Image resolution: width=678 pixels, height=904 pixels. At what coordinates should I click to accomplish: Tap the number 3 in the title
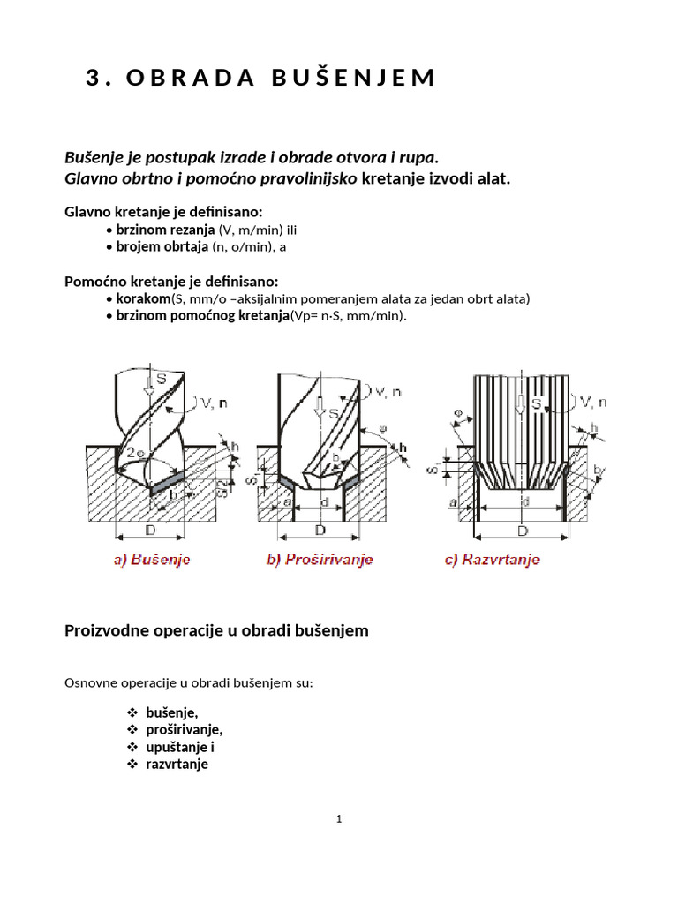94,78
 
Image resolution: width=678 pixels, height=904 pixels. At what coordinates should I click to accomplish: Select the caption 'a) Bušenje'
152,560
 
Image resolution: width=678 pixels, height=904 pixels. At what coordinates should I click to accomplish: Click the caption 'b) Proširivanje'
320,560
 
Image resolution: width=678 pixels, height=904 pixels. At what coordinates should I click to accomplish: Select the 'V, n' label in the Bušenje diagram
212,403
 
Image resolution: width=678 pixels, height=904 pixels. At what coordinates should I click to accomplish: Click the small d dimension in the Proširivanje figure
323,503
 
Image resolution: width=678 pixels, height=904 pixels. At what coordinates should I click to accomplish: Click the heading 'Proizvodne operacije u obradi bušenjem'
216,630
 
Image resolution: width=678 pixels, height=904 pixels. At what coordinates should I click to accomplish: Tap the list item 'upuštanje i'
180,747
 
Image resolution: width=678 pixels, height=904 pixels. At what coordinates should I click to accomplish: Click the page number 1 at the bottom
339,819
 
